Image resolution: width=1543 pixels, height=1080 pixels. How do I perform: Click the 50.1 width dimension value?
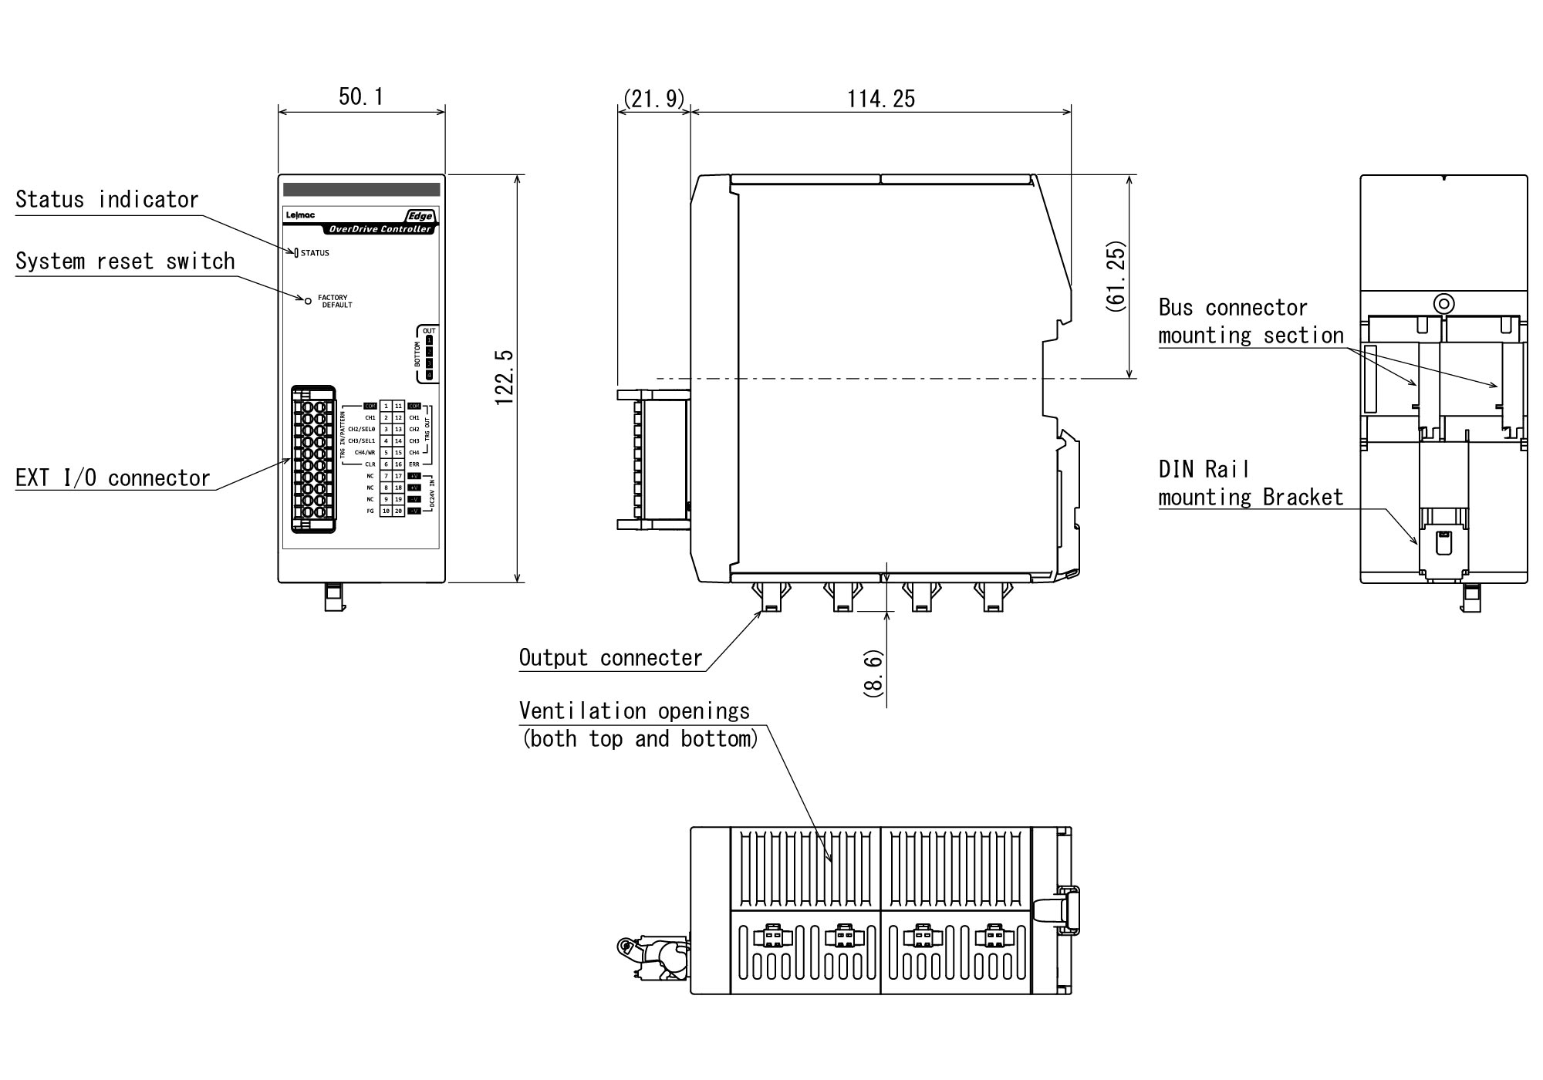361,96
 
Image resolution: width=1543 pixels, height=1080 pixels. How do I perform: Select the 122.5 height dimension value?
504,377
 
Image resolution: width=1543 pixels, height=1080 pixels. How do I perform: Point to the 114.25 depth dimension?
881,99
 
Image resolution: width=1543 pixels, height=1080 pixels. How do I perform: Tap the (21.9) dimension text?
653,99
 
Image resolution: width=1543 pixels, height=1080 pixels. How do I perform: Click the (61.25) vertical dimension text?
1115,276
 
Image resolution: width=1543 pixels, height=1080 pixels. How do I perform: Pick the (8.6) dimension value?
873,673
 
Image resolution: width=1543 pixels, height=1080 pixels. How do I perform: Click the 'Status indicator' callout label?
107,200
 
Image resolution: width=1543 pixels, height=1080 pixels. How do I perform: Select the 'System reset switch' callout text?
125,262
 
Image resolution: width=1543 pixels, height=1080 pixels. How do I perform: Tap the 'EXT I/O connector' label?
113,478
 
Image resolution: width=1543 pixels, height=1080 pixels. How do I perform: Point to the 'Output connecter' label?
610,658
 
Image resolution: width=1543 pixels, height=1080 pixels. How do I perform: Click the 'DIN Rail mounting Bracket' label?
1251,484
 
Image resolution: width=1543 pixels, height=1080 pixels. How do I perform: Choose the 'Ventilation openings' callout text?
634,710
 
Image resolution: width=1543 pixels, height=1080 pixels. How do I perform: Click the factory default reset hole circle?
309,301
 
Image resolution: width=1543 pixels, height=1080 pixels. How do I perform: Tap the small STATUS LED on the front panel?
295,252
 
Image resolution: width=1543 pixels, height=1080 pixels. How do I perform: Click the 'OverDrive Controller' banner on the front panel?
380,229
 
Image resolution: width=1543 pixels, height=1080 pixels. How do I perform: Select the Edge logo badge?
420,216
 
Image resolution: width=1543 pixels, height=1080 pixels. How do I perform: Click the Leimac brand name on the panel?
295,216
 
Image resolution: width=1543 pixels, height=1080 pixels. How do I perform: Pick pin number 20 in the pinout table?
398,511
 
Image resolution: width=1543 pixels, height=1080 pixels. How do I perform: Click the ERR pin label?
414,464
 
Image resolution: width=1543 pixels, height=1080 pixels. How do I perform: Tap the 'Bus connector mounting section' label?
1251,322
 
